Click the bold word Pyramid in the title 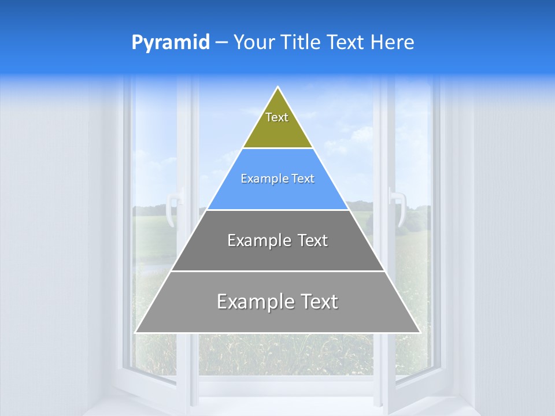tap(171, 43)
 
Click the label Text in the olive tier tap(277, 117)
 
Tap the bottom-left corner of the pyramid tap(136, 332)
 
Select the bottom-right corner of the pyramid tap(420, 332)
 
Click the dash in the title tap(221, 43)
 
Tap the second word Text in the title tap(346, 42)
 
